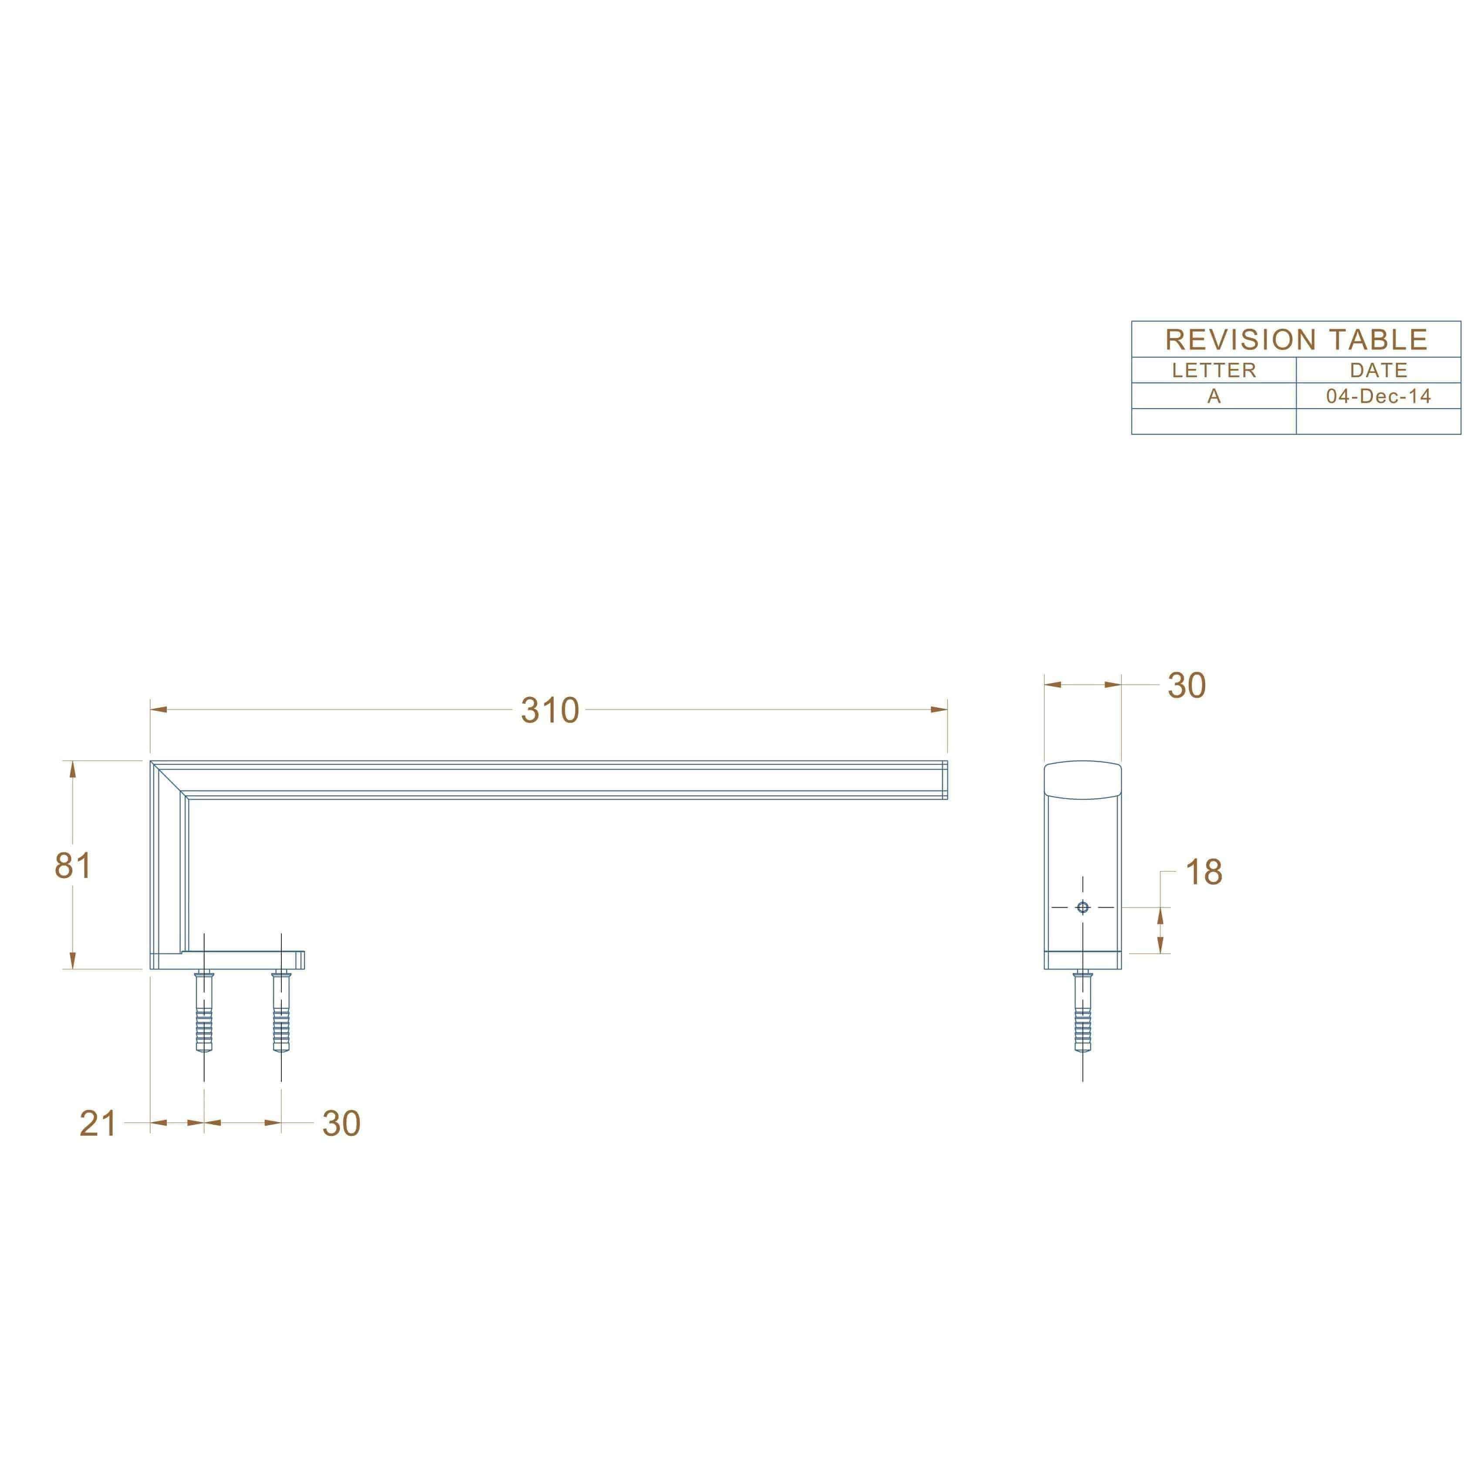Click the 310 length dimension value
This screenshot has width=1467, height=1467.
point(550,711)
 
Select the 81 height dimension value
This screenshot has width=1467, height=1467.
point(73,865)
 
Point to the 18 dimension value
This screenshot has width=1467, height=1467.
point(1203,872)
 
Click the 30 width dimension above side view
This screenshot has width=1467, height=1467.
point(1186,686)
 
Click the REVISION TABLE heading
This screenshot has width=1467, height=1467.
point(1296,339)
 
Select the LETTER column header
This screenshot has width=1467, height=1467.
point(1213,371)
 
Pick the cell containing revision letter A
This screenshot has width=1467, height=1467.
point(1213,395)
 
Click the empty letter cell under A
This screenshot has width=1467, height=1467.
point(1213,422)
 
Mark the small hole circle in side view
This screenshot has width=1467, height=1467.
point(1083,907)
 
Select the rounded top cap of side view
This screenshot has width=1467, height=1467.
point(1083,780)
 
